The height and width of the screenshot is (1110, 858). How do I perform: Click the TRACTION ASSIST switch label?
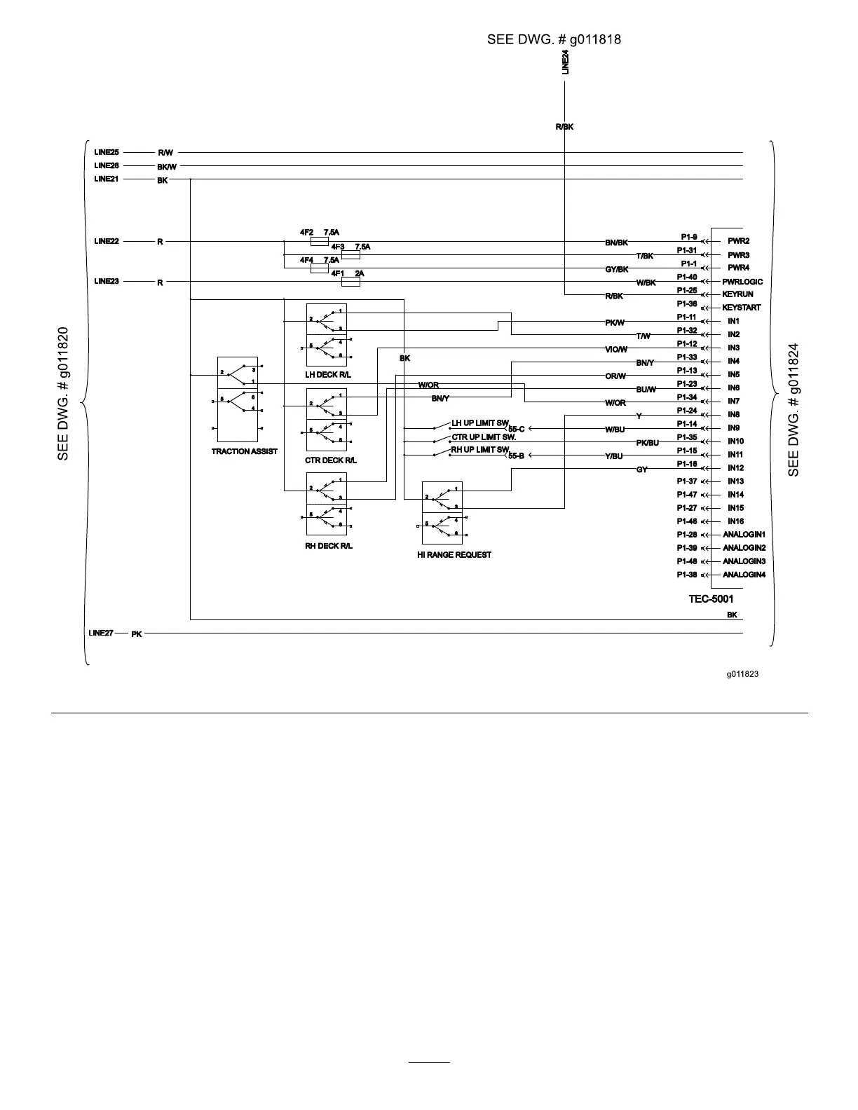point(244,451)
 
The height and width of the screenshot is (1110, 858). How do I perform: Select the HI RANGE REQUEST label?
point(454,554)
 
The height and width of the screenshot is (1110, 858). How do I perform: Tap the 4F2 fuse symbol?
point(319,241)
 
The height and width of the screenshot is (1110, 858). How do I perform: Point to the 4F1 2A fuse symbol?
point(350,282)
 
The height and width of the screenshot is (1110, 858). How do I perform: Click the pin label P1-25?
point(686,290)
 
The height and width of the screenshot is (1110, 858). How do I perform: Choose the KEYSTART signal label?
point(741,308)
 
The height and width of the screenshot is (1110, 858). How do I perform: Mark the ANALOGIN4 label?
point(744,575)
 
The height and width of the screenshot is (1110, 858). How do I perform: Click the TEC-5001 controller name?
point(711,599)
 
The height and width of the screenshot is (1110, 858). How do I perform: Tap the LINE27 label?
point(101,633)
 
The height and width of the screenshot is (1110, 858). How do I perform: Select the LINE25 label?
point(107,152)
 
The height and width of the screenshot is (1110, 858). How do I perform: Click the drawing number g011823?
point(742,674)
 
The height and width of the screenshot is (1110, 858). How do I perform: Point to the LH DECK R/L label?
point(328,375)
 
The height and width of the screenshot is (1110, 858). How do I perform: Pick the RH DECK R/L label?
point(328,546)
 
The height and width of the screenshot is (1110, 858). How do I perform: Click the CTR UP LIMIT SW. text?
point(483,437)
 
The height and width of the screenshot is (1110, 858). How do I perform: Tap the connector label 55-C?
point(516,429)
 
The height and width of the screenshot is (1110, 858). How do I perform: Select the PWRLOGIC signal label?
point(742,282)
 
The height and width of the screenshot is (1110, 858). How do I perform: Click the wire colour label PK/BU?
point(647,443)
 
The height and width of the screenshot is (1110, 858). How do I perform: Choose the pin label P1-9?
point(688,237)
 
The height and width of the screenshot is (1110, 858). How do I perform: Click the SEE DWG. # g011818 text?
point(554,39)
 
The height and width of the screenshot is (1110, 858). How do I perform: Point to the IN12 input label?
point(735,468)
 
